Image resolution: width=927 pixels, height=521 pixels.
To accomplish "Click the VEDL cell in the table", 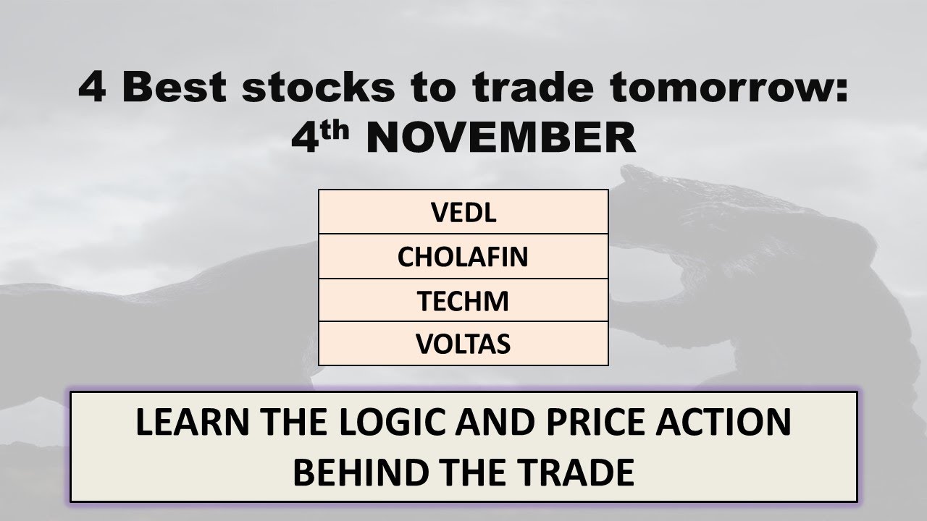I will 463,212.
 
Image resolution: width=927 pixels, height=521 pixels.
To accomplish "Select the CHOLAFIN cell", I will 463,256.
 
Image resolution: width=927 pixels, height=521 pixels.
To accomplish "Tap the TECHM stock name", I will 463,300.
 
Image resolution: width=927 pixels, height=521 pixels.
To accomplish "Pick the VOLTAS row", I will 463,344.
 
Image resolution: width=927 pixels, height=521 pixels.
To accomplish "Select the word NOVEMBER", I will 501,138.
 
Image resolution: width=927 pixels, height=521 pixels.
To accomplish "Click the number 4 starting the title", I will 92,88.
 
